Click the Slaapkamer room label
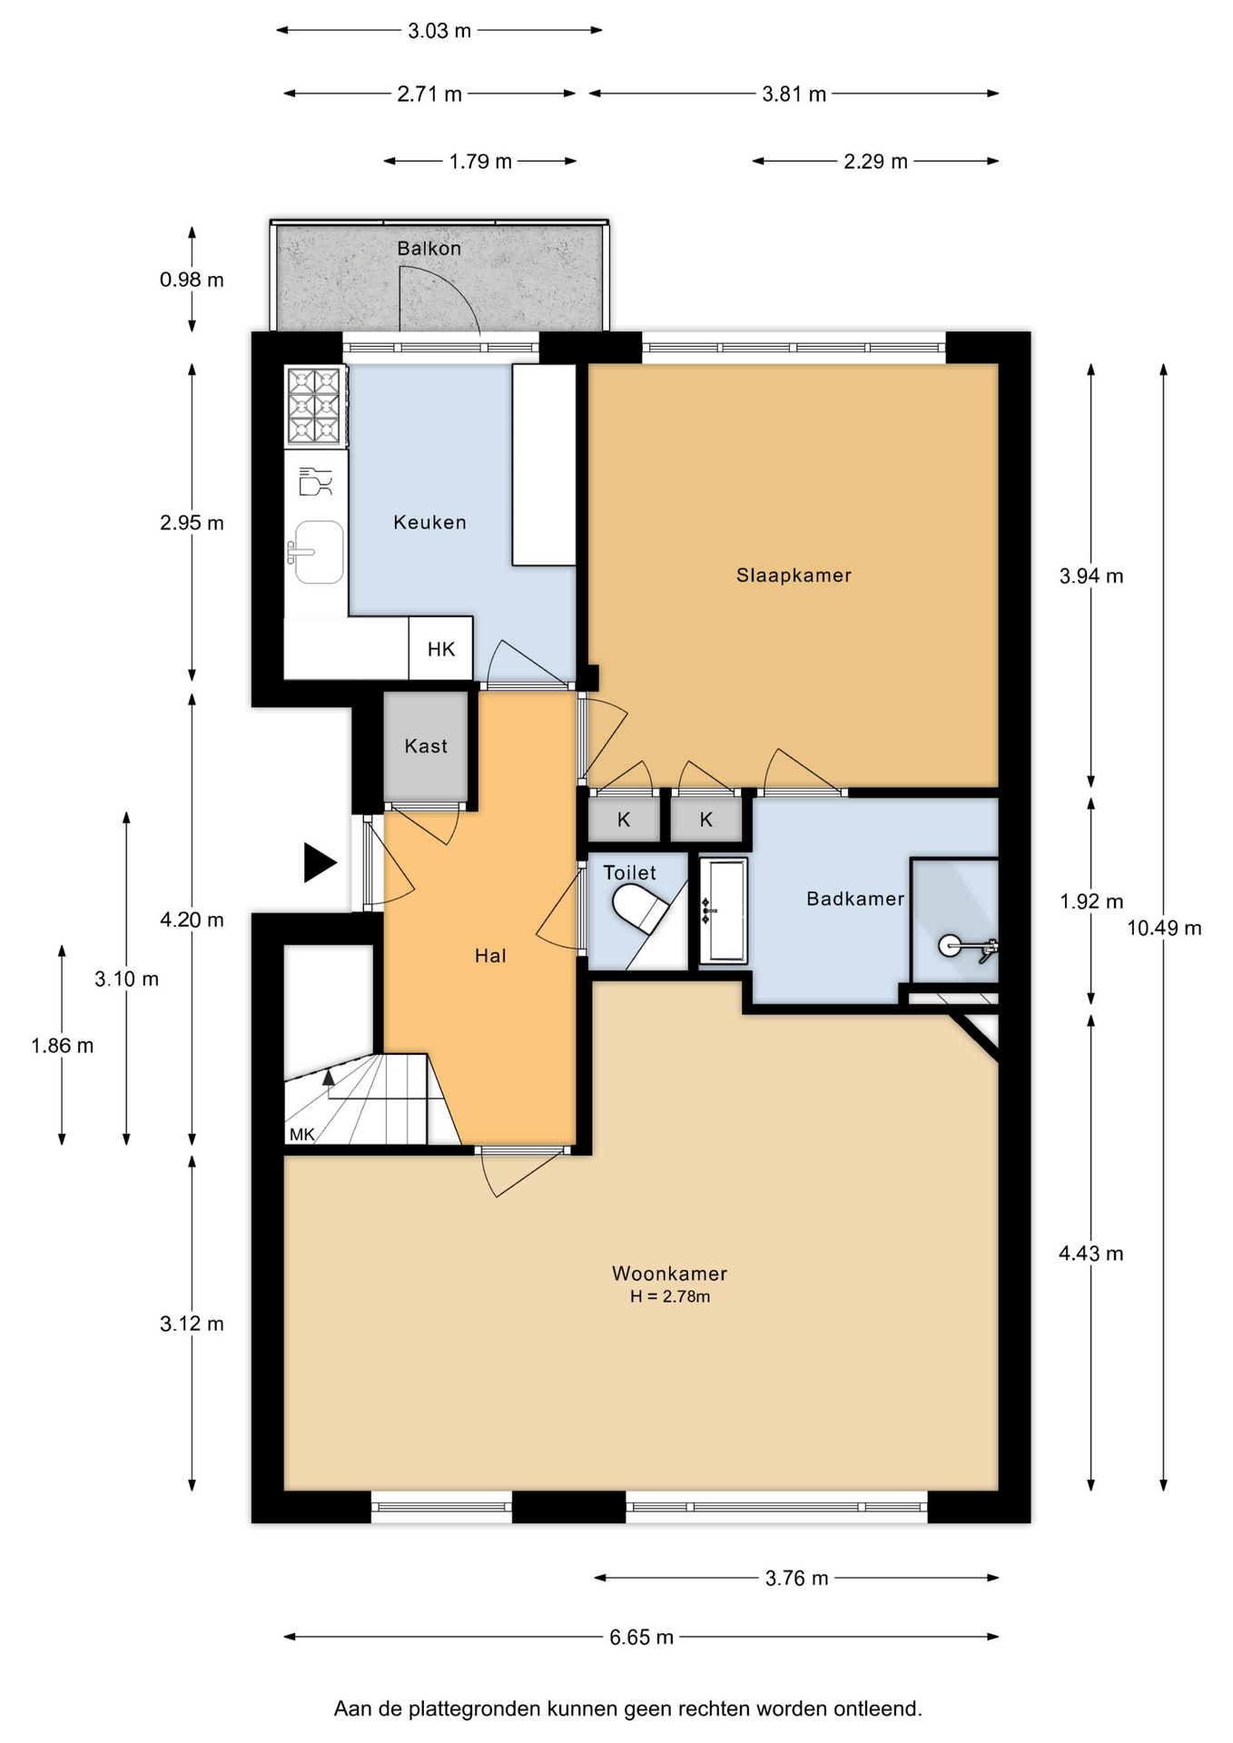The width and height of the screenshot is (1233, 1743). [794, 576]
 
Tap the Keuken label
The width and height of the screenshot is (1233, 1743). [429, 522]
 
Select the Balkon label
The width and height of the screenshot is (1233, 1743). [429, 248]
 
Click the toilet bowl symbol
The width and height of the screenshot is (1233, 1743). [639, 909]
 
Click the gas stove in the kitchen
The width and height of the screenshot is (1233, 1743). [314, 406]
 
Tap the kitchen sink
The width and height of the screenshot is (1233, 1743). [317, 551]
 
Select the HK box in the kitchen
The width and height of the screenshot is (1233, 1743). [440, 648]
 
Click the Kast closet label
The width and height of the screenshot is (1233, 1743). [426, 746]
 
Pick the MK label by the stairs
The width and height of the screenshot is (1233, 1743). [301, 1135]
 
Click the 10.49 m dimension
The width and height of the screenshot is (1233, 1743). [1164, 928]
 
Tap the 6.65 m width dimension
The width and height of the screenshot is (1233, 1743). [641, 1637]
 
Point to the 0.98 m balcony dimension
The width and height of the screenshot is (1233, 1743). [192, 280]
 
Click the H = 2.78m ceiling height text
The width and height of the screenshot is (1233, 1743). [670, 1296]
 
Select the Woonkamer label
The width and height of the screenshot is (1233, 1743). [670, 1274]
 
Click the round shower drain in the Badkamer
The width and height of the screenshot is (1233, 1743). [950, 946]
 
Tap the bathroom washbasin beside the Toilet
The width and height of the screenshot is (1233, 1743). [724, 910]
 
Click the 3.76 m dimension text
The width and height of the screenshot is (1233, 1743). [796, 1578]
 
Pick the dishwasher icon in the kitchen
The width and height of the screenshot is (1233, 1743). [316, 482]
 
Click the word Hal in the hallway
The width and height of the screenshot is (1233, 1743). [490, 955]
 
